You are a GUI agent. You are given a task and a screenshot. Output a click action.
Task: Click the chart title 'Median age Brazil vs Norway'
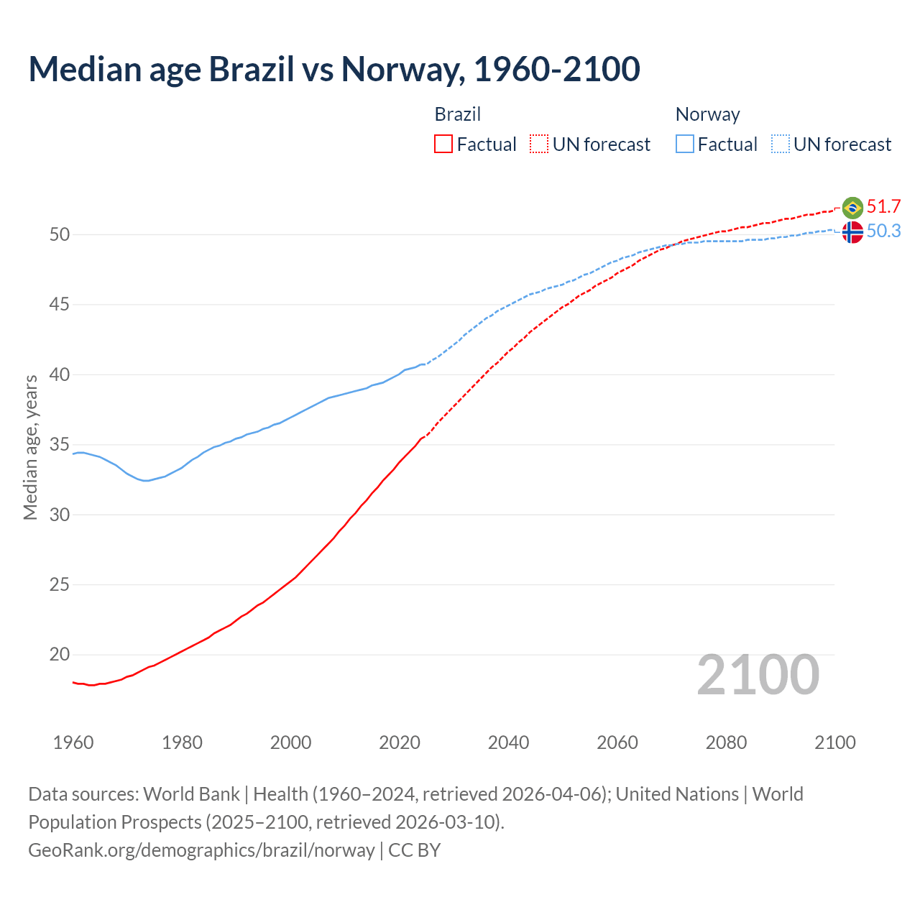click(333, 70)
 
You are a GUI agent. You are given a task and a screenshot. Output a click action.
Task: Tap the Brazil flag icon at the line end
click(852, 208)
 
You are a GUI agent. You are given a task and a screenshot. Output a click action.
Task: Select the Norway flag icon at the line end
click(852, 232)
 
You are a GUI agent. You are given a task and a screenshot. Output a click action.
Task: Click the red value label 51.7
click(883, 207)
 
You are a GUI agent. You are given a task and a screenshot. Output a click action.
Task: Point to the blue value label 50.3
click(883, 231)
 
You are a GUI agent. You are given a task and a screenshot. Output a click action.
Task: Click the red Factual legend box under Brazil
click(443, 144)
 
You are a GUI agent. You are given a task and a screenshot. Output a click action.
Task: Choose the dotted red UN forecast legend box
click(539, 144)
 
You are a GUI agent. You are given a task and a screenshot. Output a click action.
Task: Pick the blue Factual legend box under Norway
click(685, 144)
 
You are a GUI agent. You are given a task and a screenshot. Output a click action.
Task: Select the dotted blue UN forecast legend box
click(781, 144)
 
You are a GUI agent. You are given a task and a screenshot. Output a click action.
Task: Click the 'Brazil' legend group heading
click(458, 114)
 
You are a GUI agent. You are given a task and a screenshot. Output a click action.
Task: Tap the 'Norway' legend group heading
click(707, 114)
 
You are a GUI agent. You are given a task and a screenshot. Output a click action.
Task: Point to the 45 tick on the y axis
click(60, 305)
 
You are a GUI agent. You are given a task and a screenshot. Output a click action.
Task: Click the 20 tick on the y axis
click(60, 655)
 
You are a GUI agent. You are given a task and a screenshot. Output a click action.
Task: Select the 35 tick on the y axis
click(60, 445)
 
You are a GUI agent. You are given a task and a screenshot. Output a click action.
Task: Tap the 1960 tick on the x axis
click(73, 742)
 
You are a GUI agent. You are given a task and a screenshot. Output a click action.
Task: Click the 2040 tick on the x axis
click(508, 742)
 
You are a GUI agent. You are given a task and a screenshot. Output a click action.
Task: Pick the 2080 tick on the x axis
click(726, 742)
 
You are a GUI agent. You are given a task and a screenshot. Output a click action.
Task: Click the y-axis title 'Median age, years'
click(30, 447)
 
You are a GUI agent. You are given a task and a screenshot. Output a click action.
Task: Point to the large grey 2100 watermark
click(758, 675)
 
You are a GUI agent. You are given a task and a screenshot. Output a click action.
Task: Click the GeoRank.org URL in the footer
click(201, 850)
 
